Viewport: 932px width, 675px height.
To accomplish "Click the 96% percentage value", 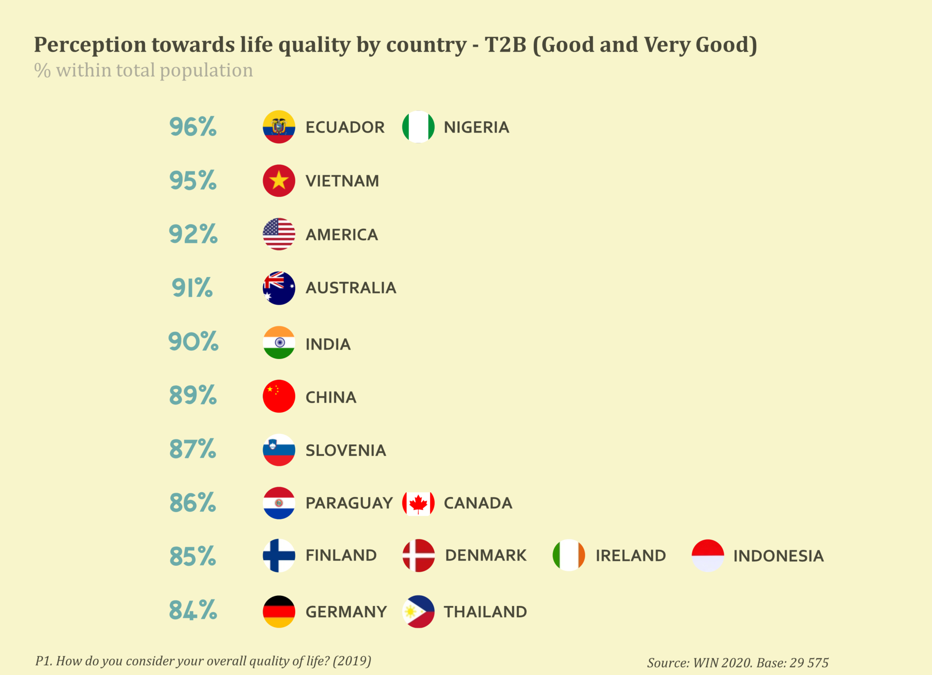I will coord(193,127).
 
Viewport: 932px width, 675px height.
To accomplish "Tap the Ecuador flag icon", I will coord(279,127).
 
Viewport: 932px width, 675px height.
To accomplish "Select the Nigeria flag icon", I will coord(418,127).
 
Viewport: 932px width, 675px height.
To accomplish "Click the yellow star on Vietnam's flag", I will coord(279,181).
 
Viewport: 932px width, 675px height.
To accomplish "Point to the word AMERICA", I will coord(342,235).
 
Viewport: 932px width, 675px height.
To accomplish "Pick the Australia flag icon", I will coord(279,288).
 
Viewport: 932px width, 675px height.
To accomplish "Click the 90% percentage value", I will coord(193,342).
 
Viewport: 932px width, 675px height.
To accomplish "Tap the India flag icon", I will coord(279,343).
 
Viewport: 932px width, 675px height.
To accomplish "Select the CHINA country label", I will coord(331,398).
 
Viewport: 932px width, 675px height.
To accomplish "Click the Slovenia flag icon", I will coord(279,450).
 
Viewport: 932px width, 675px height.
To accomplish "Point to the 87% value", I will coord(193,449).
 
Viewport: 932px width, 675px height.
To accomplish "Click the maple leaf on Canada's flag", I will coord(418,504).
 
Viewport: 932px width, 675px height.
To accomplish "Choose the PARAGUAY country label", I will coord(349,503).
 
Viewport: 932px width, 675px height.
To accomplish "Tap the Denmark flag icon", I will coord(419,555).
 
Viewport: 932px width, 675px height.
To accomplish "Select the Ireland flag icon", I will coord(569,555).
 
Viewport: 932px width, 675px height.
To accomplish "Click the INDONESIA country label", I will coord(779,556).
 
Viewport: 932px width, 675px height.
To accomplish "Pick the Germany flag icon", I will coord(279,612).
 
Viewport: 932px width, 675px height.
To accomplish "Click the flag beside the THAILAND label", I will coord(418,612).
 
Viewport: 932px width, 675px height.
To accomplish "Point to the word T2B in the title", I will coord(505,45).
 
